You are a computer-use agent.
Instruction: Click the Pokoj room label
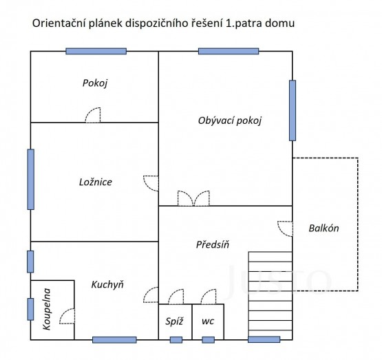tap(95, 83)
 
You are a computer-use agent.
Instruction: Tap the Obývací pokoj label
tap(230, 120)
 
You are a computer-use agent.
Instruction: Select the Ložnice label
tap(96, 182)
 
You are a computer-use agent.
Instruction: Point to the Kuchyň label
tap(107, 284)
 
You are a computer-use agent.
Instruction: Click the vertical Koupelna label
tap(47, 309)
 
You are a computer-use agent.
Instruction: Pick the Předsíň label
tap(213, 244)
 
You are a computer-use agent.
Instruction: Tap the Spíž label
tap(174, 321)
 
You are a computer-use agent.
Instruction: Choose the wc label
tap(208, 321)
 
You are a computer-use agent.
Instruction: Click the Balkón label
tap(323, 229)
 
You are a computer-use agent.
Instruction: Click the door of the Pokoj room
tap(93, 115)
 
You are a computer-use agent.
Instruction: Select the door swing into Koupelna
tap(67, 316)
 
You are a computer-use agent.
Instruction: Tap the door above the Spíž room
tap(176, 297)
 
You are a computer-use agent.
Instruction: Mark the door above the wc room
tap(209, 297)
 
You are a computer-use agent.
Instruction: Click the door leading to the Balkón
tap(285, 229)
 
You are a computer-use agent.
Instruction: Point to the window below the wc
tap(209, 340)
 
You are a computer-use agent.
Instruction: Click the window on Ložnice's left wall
tap(31, 179)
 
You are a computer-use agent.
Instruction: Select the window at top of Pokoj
tap(96, 51)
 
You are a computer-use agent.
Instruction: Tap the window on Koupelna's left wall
tap(30, 309)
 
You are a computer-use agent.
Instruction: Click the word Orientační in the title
tap(59, 23)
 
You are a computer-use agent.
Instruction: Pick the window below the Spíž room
tap(176, 340)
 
